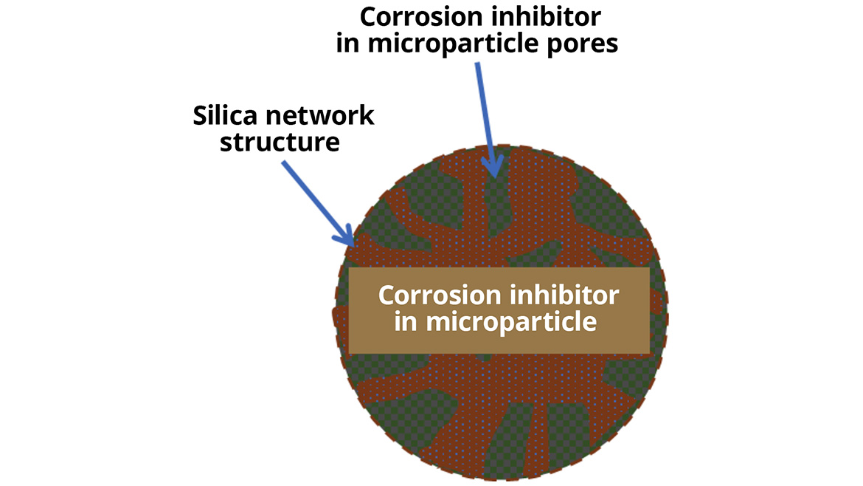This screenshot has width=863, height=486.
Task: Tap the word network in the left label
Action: pos(322,116)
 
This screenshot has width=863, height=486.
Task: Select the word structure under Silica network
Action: pos(280,142)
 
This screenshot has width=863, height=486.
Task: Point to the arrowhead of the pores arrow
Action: pos(491,169)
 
